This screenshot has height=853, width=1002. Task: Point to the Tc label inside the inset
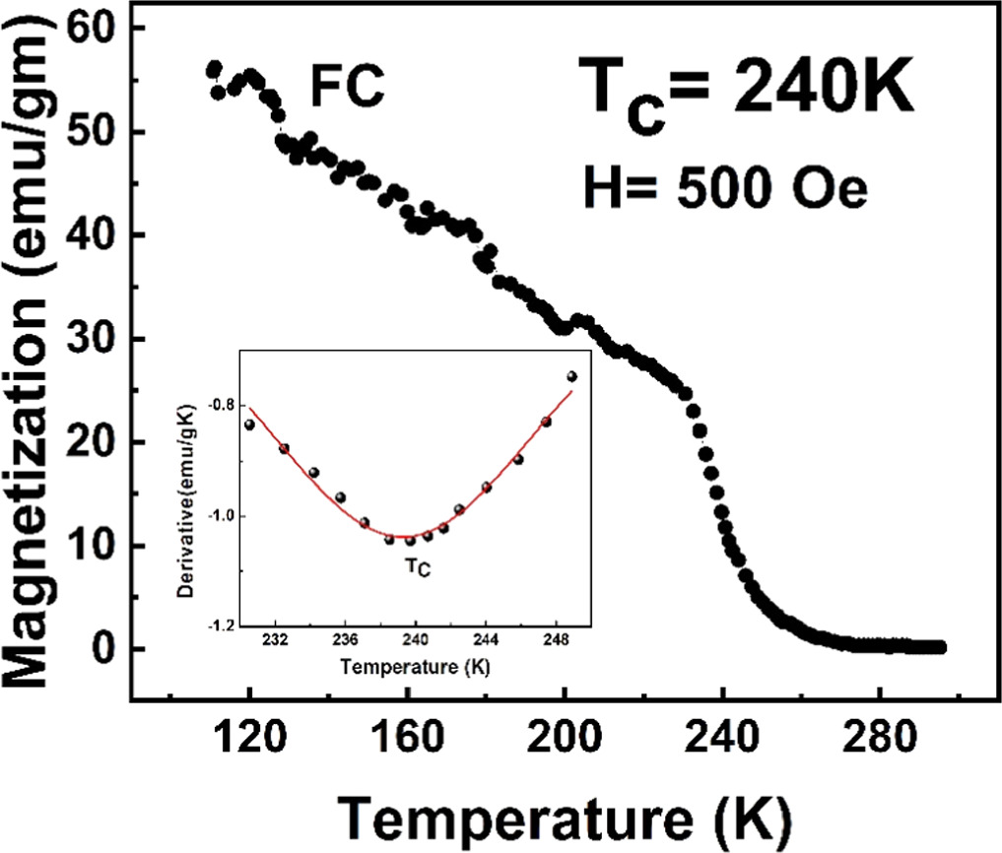(x=418, y=567)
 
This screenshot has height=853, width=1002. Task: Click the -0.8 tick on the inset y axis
(x=222, y=405)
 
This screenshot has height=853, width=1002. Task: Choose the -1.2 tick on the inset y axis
(x=222, y=625)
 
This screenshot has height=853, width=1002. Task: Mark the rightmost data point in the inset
(x=571, y=376)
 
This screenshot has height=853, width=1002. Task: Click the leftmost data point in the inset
(x=249, y=425)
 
